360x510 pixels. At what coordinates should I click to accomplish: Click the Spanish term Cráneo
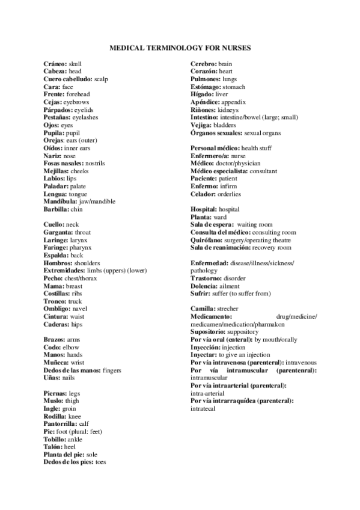pos(55,64)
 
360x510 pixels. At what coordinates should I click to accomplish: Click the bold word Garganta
pos(58,232)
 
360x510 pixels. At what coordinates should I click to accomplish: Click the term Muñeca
pos(56,363)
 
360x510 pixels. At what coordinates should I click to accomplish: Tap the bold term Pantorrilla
pos(61,423)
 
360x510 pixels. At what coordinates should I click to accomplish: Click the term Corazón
pos(204,72)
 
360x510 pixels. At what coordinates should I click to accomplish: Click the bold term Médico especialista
pos(219,171)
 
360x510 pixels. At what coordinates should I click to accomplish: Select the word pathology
pos(204,271)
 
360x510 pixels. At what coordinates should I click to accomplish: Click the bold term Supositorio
pos(209,331)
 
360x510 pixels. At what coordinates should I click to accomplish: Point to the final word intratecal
pos(204,408)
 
